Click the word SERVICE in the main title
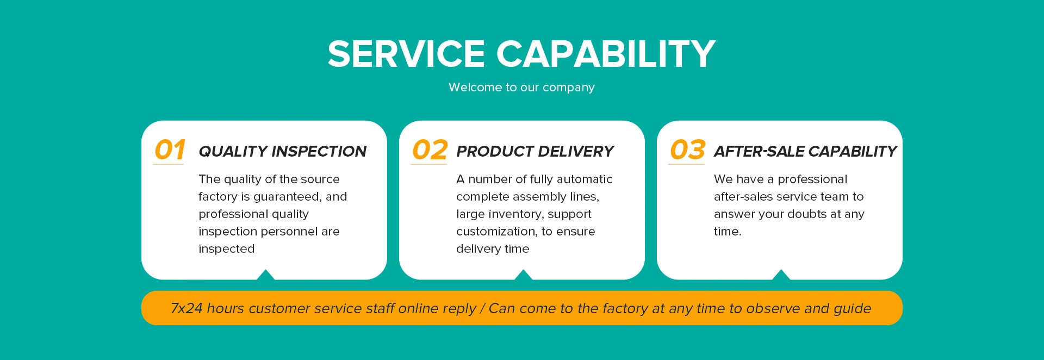(x=406, y=54)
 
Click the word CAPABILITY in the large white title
(x=606, y=54)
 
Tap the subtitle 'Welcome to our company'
(x=521, y=88)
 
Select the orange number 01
(x=170, y=150)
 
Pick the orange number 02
(x=430, y=150)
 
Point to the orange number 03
(x=687, y=150)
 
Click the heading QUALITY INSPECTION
(x=282, y=151)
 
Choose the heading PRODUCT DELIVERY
(x=535, y=151)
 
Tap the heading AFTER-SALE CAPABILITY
(x=805, y=151)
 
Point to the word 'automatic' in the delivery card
(x=585, y=179)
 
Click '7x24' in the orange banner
(x=187, y=308)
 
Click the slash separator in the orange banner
(x=482, y=308)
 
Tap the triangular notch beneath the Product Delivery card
(x=523, y=275)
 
